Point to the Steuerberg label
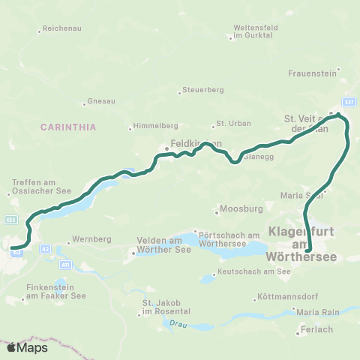point(204,91)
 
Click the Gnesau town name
point(100,100)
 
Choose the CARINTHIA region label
point(69,127)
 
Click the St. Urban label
point(231,123)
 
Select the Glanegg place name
point(258,157)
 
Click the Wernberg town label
point(92,239)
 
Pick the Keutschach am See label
point(253,271)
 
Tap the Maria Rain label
point(317,311)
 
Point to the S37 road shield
point(349,101)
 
